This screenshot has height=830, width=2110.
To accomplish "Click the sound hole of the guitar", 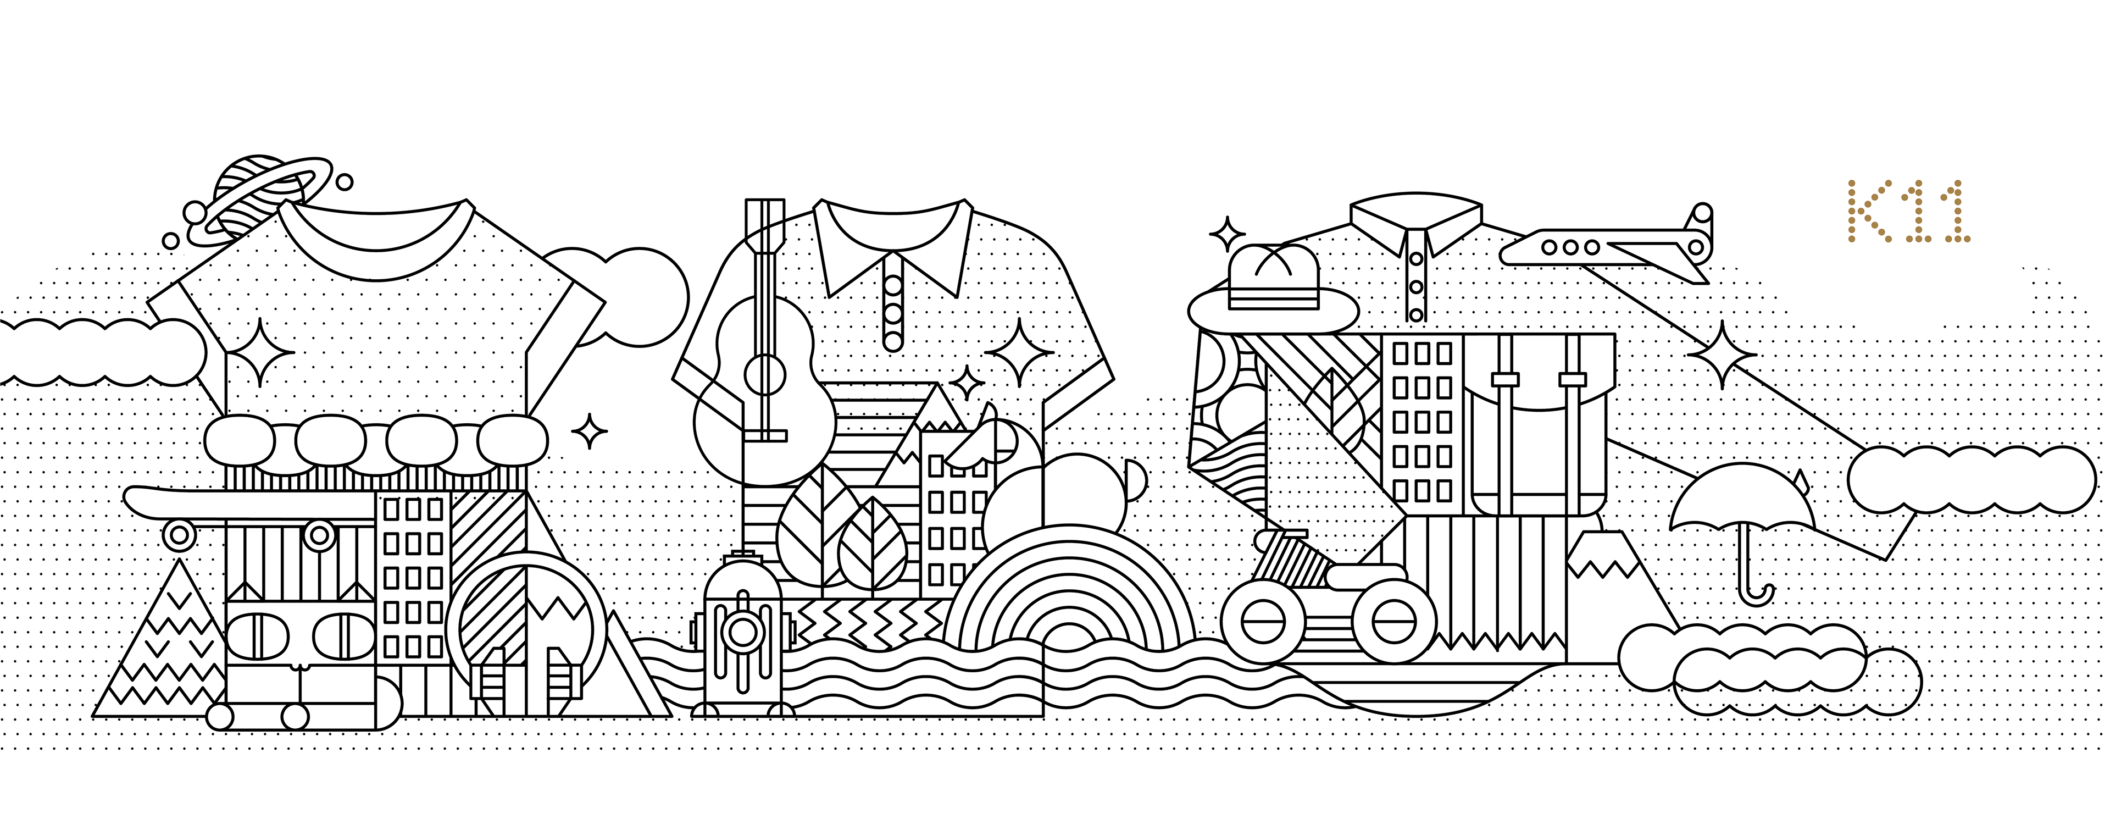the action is tap(764, 374).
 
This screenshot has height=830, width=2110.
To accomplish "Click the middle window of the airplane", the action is tap(1569, 247).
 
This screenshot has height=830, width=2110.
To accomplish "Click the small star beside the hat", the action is tap(1227, 235).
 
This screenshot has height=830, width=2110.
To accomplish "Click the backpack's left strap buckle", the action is tap(1504, 379).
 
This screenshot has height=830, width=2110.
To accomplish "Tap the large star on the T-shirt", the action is tap(259, 351).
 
